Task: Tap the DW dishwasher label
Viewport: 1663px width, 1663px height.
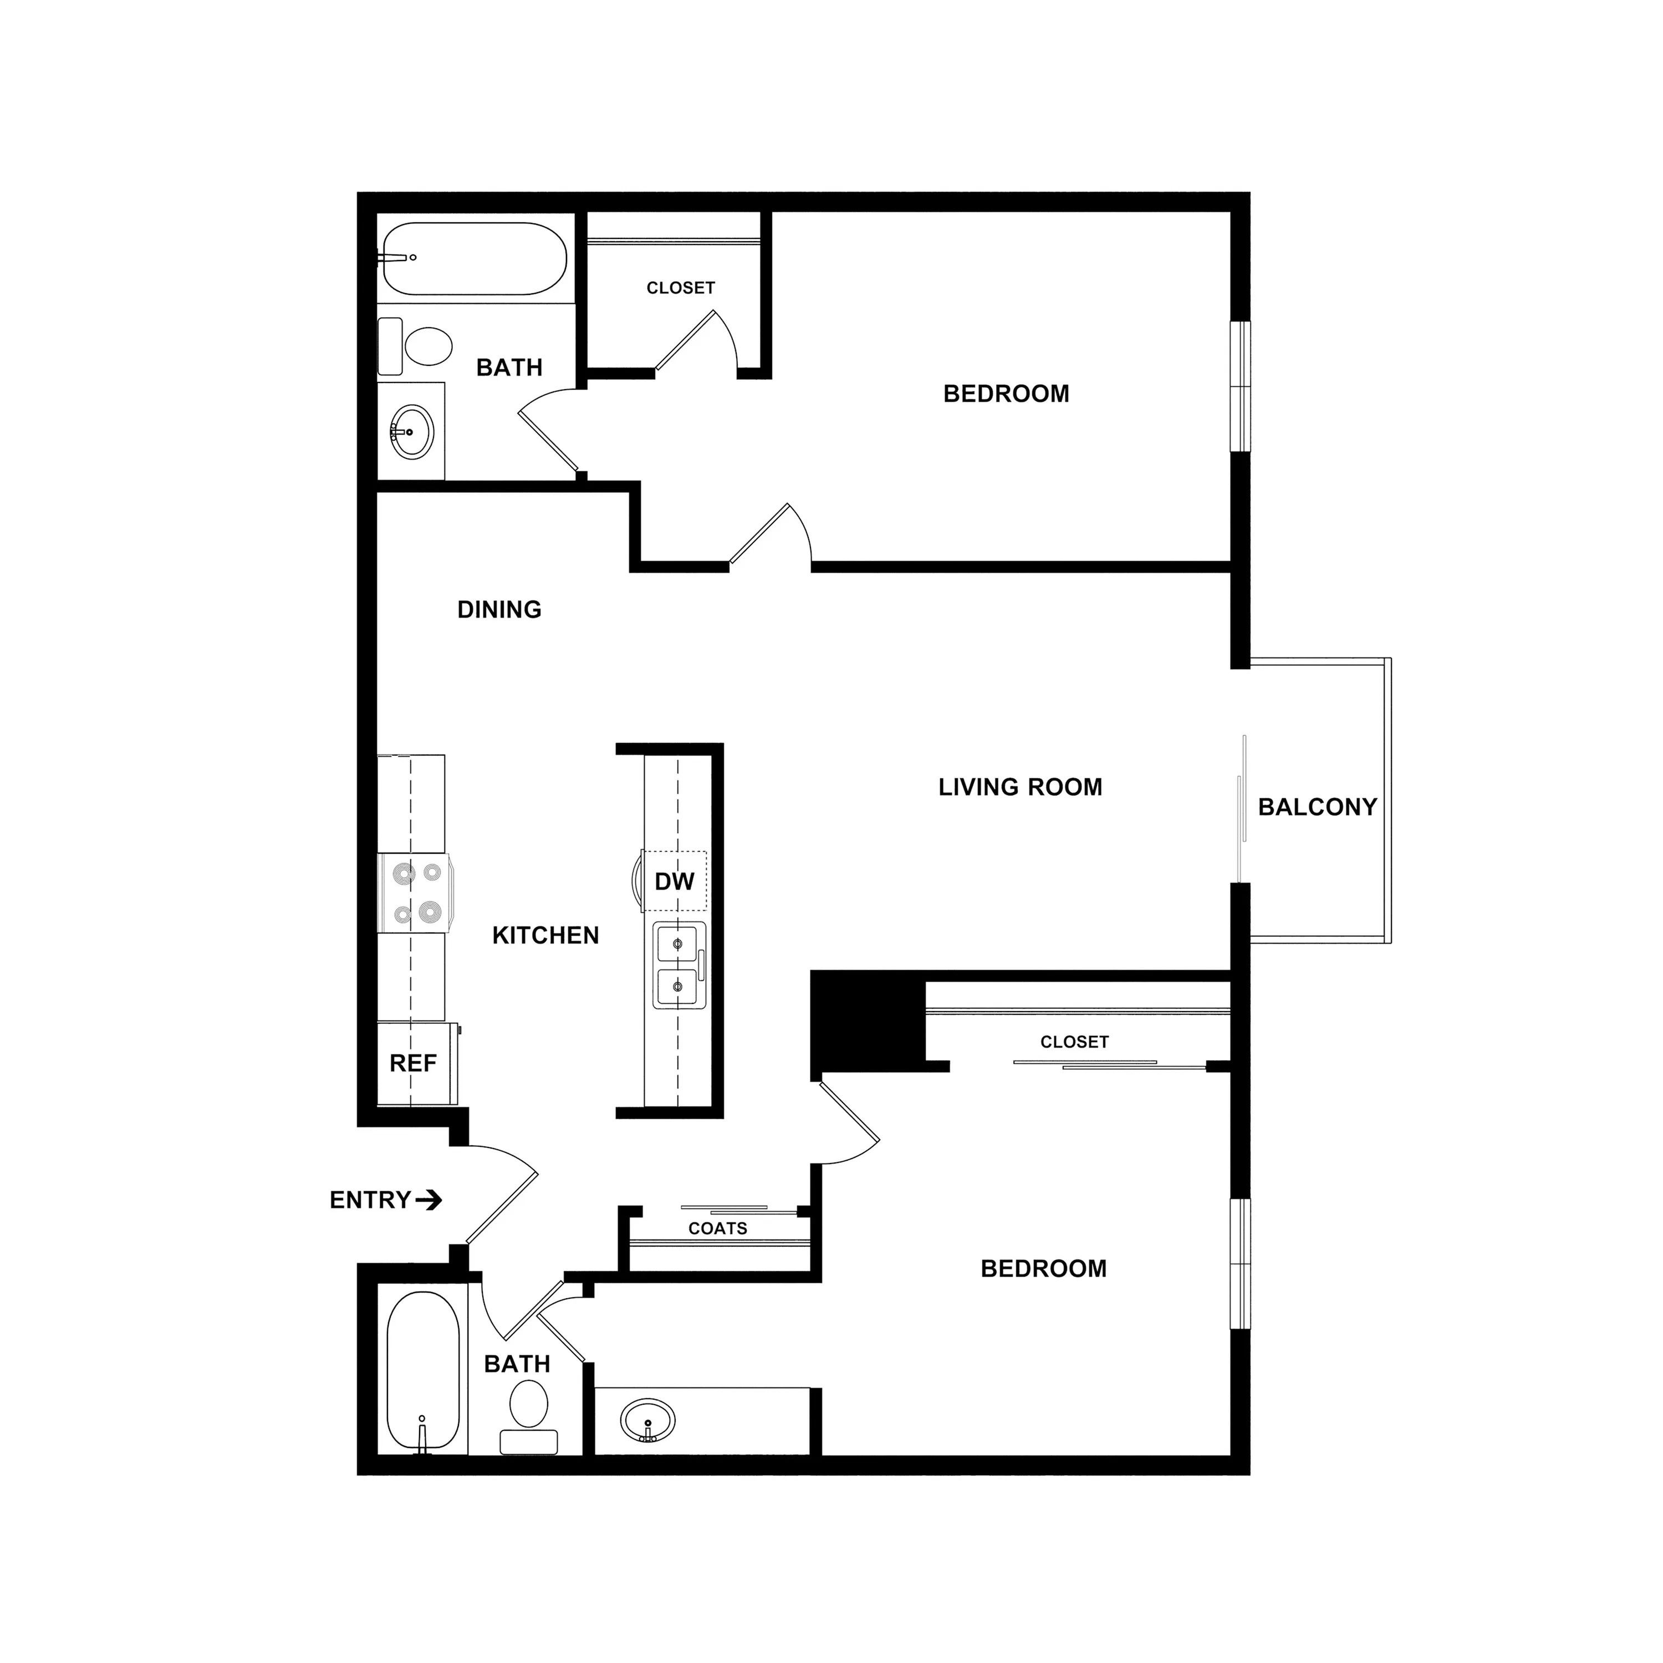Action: pos(675,881)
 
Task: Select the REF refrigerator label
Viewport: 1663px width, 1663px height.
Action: pos(413,1063)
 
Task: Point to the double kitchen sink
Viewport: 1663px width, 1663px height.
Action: pos(679,965)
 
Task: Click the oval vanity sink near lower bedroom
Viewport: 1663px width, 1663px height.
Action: pos(647,1420)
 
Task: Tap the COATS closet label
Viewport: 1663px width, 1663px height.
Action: pos(718,1228)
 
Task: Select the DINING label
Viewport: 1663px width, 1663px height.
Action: pos(499,609)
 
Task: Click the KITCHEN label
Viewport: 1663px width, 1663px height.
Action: pos(545,936)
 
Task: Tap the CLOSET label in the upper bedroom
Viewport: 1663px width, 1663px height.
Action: pos(681,288)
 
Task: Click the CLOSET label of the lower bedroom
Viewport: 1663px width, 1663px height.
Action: pos(1074,1042)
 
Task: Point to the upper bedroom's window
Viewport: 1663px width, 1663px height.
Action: pos(1241,386)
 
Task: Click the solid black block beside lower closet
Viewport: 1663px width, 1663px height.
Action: pos(868,1021)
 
